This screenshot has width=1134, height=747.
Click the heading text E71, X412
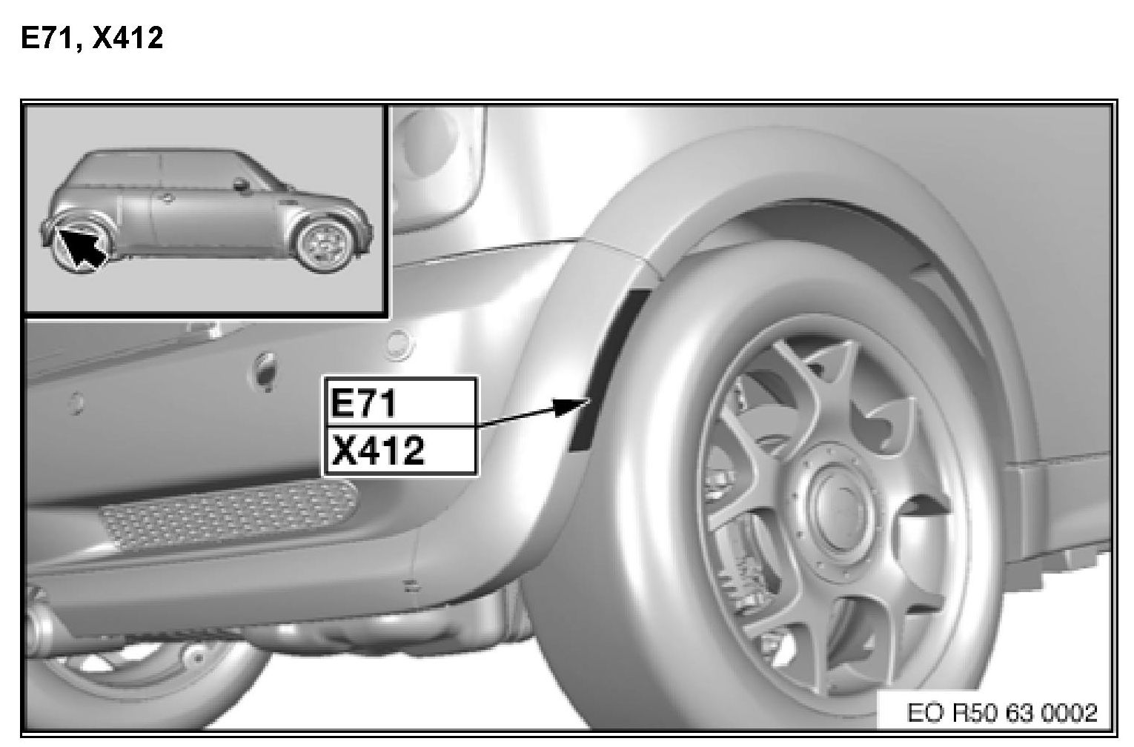point(92,38)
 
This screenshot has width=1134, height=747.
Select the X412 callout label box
point(400,451)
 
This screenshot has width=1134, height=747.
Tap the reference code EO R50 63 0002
point(1002,713)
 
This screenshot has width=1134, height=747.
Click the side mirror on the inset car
point(242,185)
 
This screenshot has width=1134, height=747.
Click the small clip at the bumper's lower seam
point(413,587)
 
